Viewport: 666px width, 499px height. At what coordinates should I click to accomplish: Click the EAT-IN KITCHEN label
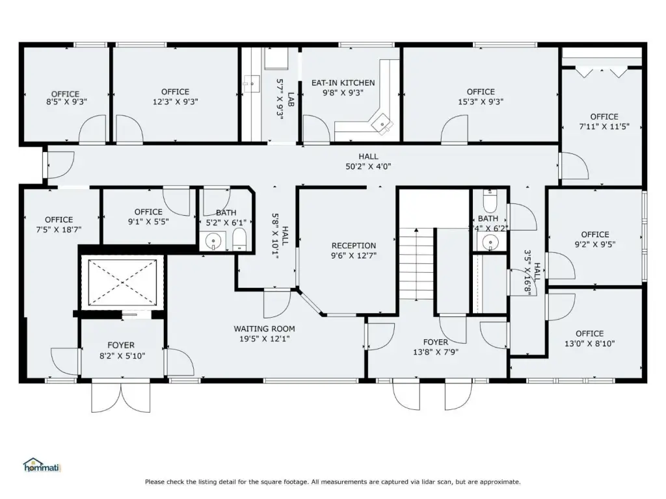343,83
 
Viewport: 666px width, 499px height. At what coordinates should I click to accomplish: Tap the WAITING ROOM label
264,328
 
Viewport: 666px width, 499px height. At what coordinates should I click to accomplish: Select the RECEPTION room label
354,246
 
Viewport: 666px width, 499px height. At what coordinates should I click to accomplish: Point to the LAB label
291,99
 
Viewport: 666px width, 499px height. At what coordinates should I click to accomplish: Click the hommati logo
42,465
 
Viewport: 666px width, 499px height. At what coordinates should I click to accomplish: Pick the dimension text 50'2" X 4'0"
368,167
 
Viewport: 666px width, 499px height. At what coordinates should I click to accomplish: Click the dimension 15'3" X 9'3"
481,102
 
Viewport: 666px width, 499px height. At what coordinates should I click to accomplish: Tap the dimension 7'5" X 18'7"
59,229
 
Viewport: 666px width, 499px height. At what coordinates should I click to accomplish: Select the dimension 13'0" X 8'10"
589,344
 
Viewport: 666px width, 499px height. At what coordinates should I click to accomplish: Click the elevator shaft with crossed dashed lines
122,282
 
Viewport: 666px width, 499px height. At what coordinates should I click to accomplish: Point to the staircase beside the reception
416,264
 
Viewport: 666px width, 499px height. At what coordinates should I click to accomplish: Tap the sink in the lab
252,84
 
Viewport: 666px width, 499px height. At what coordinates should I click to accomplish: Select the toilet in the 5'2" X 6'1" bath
239,240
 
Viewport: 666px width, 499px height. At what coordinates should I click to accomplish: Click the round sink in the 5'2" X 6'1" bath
213,241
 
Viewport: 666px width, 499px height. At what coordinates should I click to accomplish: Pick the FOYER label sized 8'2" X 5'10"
121,346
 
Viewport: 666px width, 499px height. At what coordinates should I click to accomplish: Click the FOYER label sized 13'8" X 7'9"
436,342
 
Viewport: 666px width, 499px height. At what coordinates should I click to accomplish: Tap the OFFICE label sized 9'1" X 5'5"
148,212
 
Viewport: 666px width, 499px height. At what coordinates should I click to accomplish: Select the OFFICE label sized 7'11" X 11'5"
604,117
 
